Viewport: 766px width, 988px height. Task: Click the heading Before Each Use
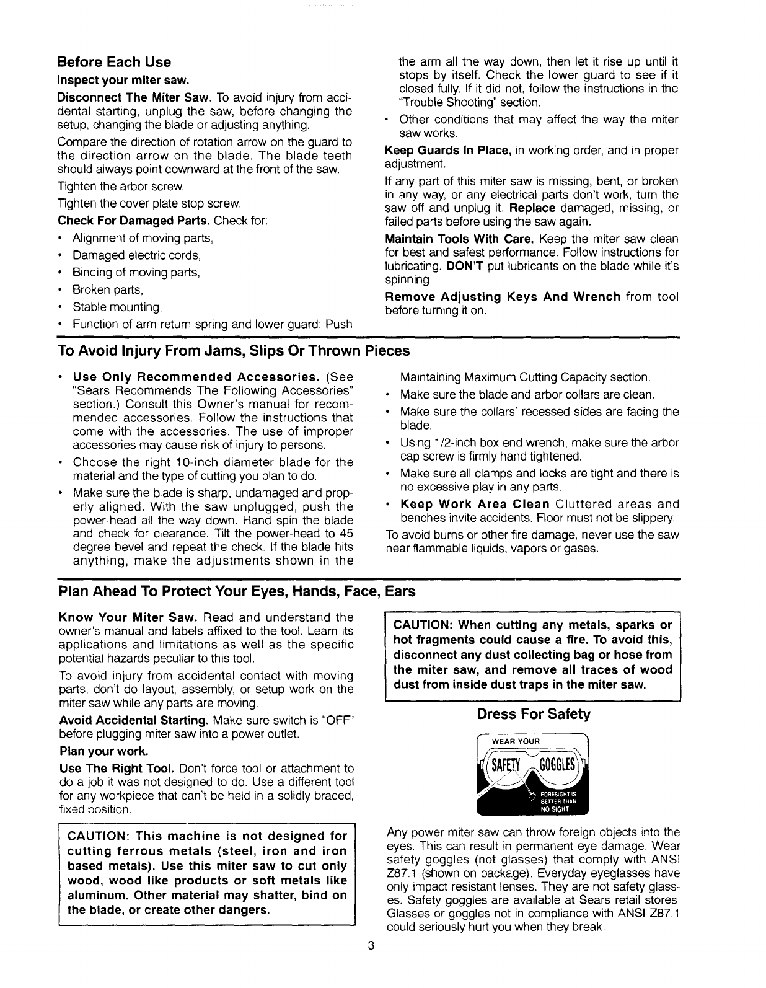[x=114, y=62]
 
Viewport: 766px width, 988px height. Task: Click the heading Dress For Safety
[x=534, y=714]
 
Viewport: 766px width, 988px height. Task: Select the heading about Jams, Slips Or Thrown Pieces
[x=234, y=351]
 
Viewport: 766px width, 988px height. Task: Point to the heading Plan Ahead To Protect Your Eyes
[x=236, y=591]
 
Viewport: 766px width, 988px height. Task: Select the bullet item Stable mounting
[x=117, y=307]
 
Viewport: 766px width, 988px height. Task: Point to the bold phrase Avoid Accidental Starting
[x=133, y=721]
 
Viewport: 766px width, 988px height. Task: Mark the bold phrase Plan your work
[x=103, y=751]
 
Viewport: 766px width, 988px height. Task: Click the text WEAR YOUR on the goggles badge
[x=516, y=741]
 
